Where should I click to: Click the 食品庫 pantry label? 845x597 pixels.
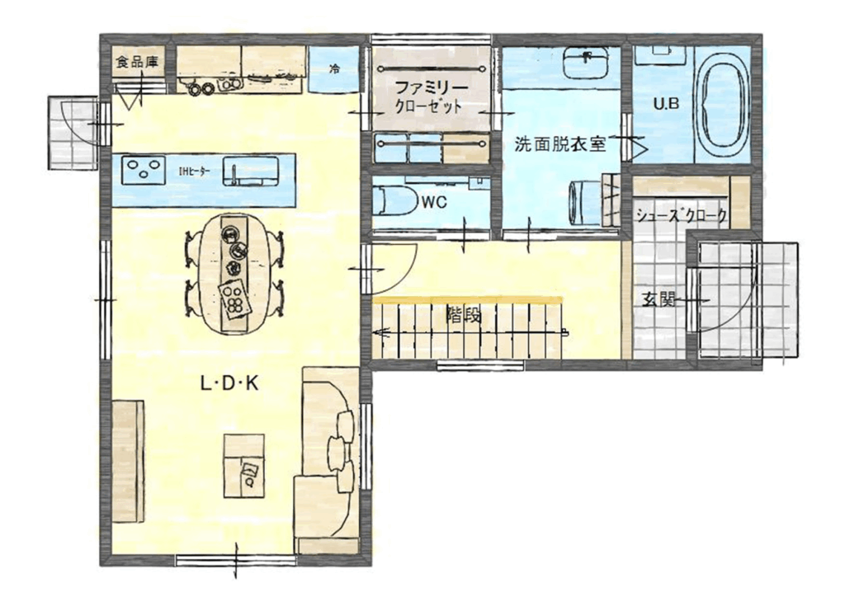coord(138,63)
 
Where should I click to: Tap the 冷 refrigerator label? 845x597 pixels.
coord(335,69)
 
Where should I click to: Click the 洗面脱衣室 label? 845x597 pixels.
coord(560,144)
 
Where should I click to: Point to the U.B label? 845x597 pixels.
coord(666,104)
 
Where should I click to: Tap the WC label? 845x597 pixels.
coord(434,203)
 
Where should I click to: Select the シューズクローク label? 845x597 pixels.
coord(682,216)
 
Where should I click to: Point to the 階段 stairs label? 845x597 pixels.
coord(464,316)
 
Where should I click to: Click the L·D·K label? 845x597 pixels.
coord(229,383)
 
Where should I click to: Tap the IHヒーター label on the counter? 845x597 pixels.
coord(194,172)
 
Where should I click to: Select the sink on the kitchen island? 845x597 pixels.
coord(252,171)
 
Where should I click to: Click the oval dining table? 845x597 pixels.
coord(234,275)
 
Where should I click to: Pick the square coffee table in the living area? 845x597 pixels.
coord(244,465)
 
